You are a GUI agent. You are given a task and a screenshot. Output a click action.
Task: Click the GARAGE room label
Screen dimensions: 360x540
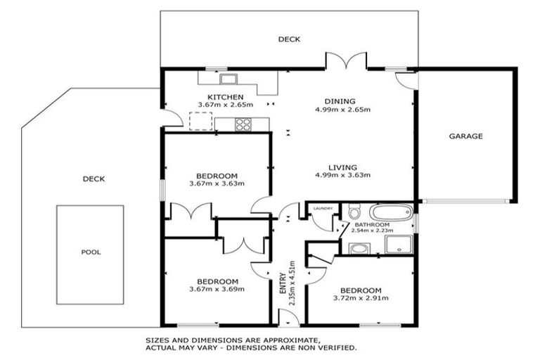point(465,136)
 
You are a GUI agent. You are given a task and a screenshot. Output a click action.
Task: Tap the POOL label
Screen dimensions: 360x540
point(90,252)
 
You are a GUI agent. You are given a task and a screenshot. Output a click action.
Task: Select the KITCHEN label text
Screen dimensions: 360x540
point(224,97)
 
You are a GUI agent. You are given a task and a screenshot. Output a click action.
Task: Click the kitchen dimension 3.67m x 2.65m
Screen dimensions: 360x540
point(224,106)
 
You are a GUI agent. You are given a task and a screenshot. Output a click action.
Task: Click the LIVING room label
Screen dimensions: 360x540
point(342,167)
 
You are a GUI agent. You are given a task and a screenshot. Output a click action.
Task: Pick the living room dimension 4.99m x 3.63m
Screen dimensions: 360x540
point(342,175)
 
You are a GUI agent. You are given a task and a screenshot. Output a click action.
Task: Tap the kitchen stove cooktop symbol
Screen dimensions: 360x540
point(243,124)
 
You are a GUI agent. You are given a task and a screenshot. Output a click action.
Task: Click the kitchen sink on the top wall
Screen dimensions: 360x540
point(227,78)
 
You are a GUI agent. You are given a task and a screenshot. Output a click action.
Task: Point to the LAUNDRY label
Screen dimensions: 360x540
point(323,207)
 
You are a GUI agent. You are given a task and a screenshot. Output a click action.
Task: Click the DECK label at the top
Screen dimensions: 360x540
point(288,39)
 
